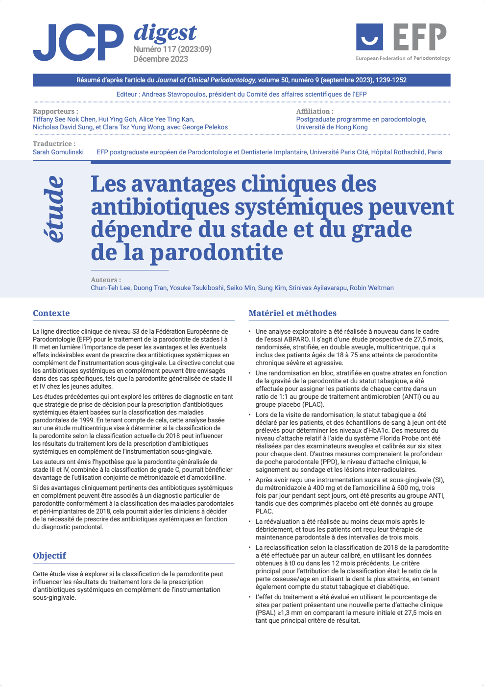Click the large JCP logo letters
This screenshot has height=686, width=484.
pos(78,43)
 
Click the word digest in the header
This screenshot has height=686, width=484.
pos(165,32)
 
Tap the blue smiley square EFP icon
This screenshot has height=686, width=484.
pos(369,37)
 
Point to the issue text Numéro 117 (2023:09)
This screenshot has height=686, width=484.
pos(172,49)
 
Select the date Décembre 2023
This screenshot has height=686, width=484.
pos(161,59)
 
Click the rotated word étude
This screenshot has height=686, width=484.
pos(54,209)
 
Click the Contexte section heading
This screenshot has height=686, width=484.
pos(51,313)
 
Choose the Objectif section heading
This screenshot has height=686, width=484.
pos(49,556)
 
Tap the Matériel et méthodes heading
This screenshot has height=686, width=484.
pos(292,313)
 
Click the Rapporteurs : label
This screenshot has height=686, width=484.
pos(55,111)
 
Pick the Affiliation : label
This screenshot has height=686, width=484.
pos(315,111)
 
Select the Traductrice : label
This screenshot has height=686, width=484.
pos(54,144)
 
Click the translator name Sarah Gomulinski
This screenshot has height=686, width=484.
pos(58,152)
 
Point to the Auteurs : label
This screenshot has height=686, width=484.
pos(106,280)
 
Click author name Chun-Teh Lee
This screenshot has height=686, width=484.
pos(110,288)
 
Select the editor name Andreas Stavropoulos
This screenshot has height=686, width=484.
pos(174,94)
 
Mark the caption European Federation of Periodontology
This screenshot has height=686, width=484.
pos(403,58)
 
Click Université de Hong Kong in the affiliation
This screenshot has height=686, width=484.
pos(332,127)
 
